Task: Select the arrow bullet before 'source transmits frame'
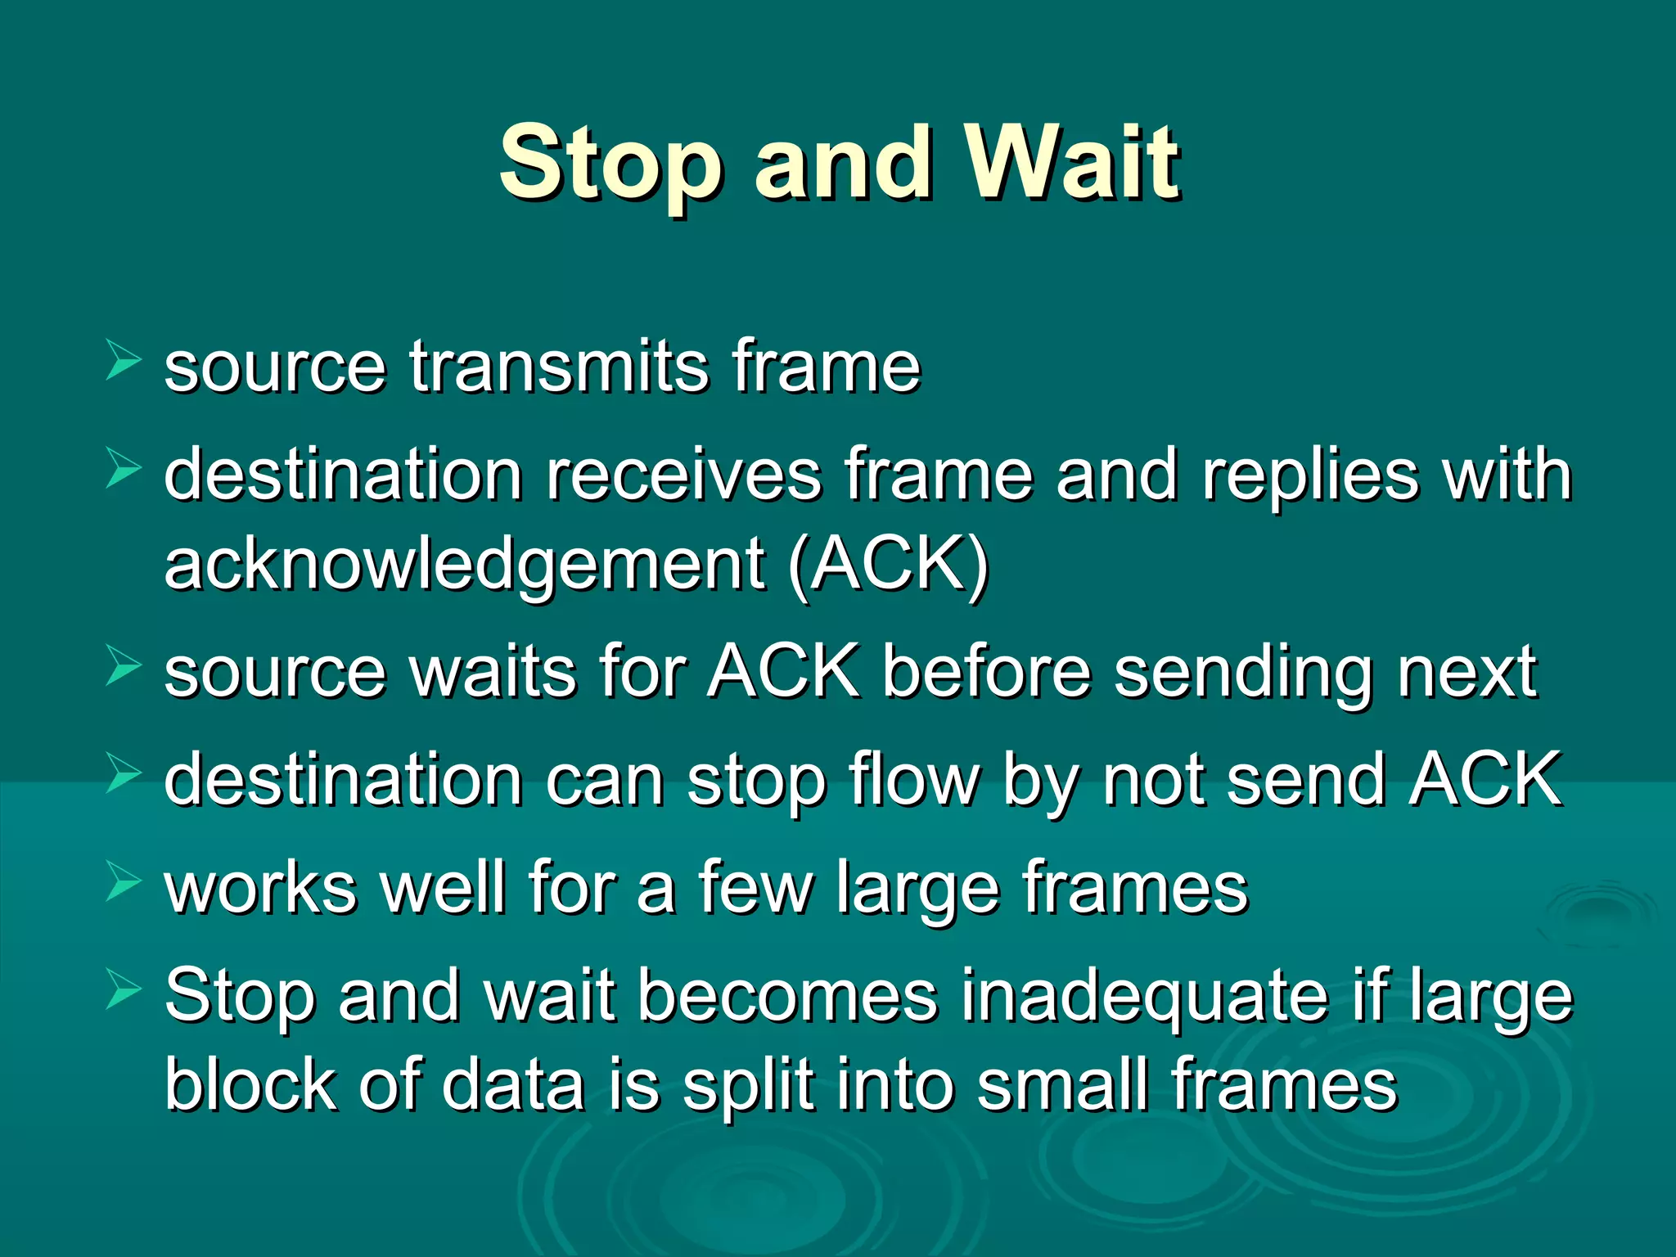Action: click(x=124, y=361)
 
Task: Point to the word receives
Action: click(x=683, y=475)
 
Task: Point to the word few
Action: click(x=756, y=888)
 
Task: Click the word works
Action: click(x=261, y=888)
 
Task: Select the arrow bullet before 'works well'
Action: click(x=124, y=883)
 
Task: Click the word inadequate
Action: click(x=1144, y=996)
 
